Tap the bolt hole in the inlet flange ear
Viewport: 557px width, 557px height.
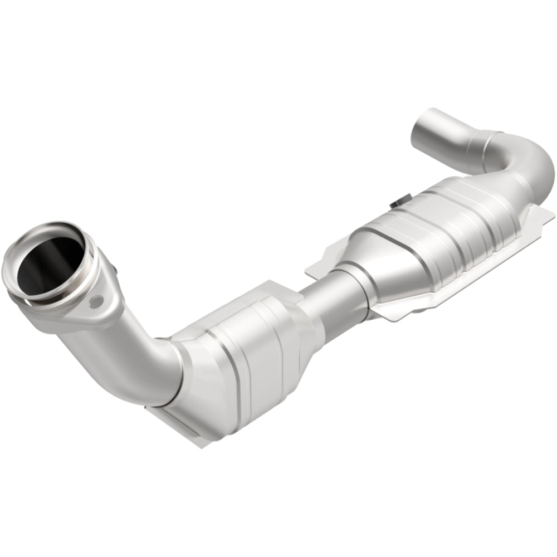coord(98,301)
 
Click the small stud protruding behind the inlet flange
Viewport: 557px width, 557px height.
coord(114,272)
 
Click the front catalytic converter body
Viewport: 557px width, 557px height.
coord(245,356)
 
